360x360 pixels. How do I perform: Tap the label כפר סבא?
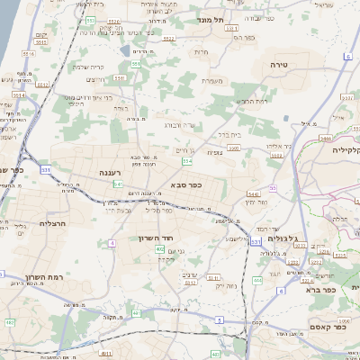click(184, 186)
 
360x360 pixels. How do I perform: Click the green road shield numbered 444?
click(257, 280)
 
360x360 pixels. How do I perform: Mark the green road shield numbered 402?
click(159, 248)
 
